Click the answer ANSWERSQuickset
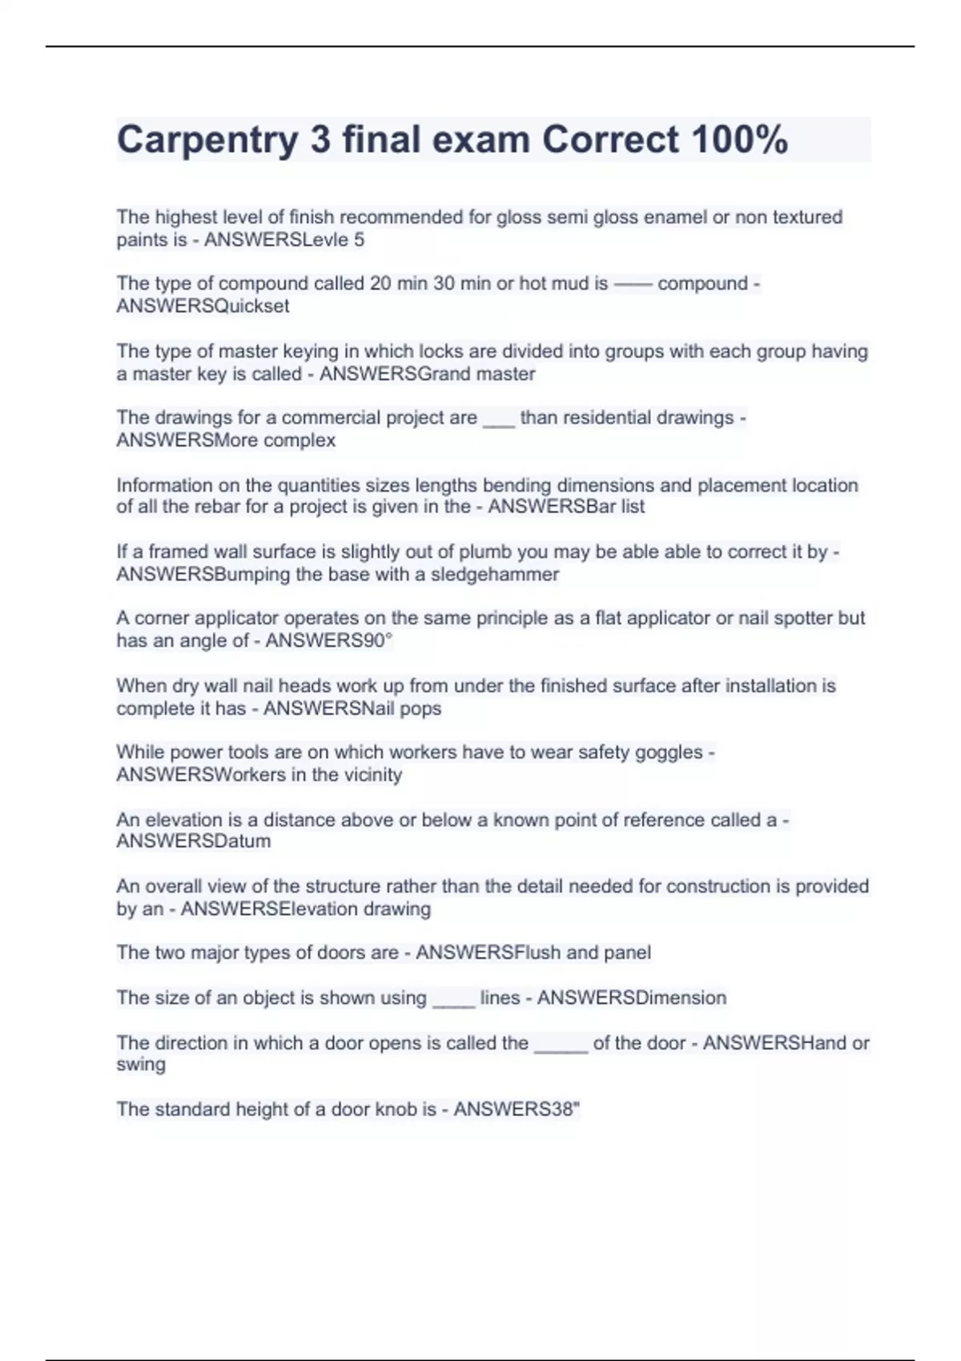[203, 306]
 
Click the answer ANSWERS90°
[328, 640]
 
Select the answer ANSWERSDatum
[193, 841]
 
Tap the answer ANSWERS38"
[517, 1109]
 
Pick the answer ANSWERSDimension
[632, 998]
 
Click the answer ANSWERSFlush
[488, 952]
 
